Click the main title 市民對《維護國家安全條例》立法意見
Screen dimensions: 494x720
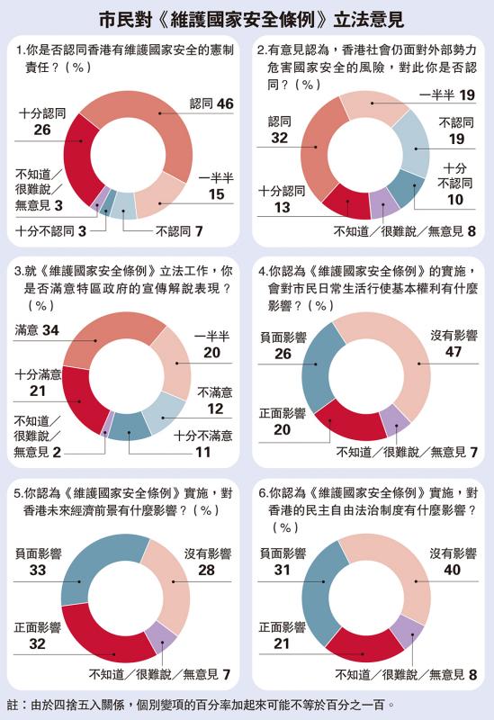click(252, 20)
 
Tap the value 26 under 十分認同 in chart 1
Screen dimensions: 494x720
click(42, 130)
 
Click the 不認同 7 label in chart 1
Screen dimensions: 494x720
click(179, 231)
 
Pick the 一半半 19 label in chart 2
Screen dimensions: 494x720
click(447, 95)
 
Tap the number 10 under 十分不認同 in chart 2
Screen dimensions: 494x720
click(455, 200)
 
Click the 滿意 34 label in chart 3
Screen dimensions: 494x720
click(37, 329)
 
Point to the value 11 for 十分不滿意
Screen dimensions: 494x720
click(203, 452)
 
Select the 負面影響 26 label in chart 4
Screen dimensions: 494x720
click(283, 346)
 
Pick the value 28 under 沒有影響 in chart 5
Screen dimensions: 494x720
click(207, 570)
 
